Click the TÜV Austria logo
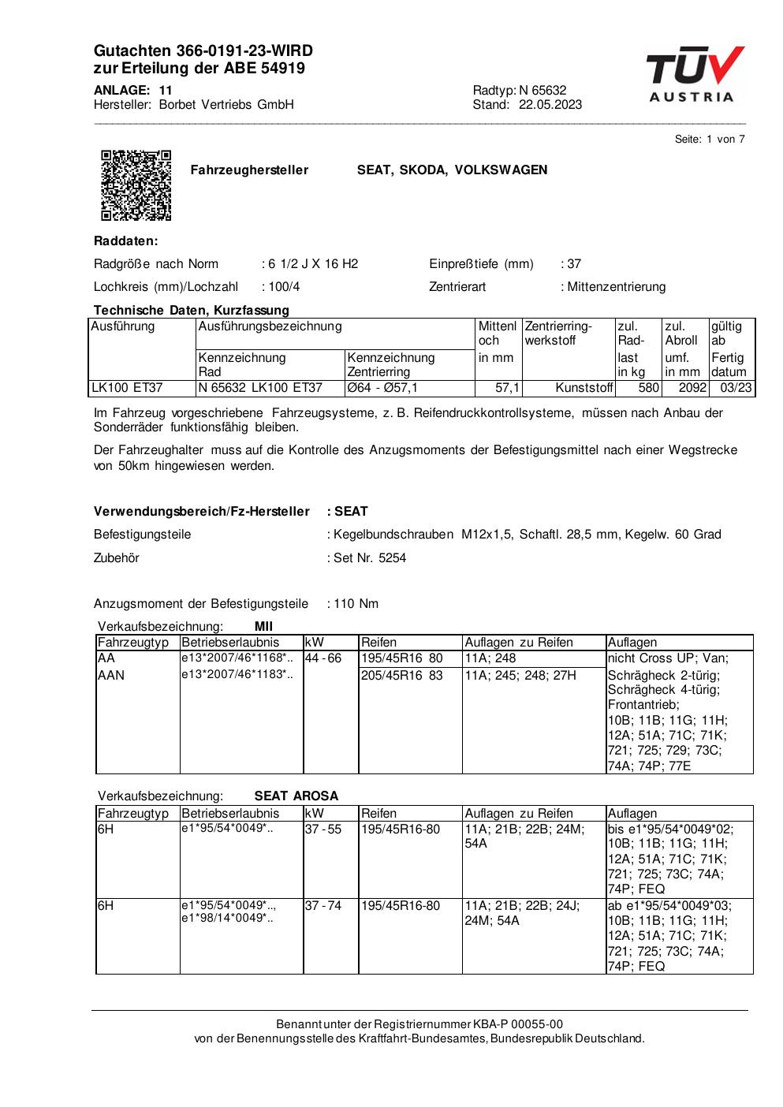click(694, 75)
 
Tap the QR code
click(136, 184)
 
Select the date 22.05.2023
click(550, 105)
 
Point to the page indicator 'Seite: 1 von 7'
click(710, 140)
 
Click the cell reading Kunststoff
click(584, 387)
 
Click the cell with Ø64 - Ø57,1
click(383, 387)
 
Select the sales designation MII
click(263, 627)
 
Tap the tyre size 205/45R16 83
click(402, 675)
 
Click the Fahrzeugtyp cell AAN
click(111, 675)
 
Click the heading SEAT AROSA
click(296, 796)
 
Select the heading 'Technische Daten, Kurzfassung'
click(192, 310)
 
